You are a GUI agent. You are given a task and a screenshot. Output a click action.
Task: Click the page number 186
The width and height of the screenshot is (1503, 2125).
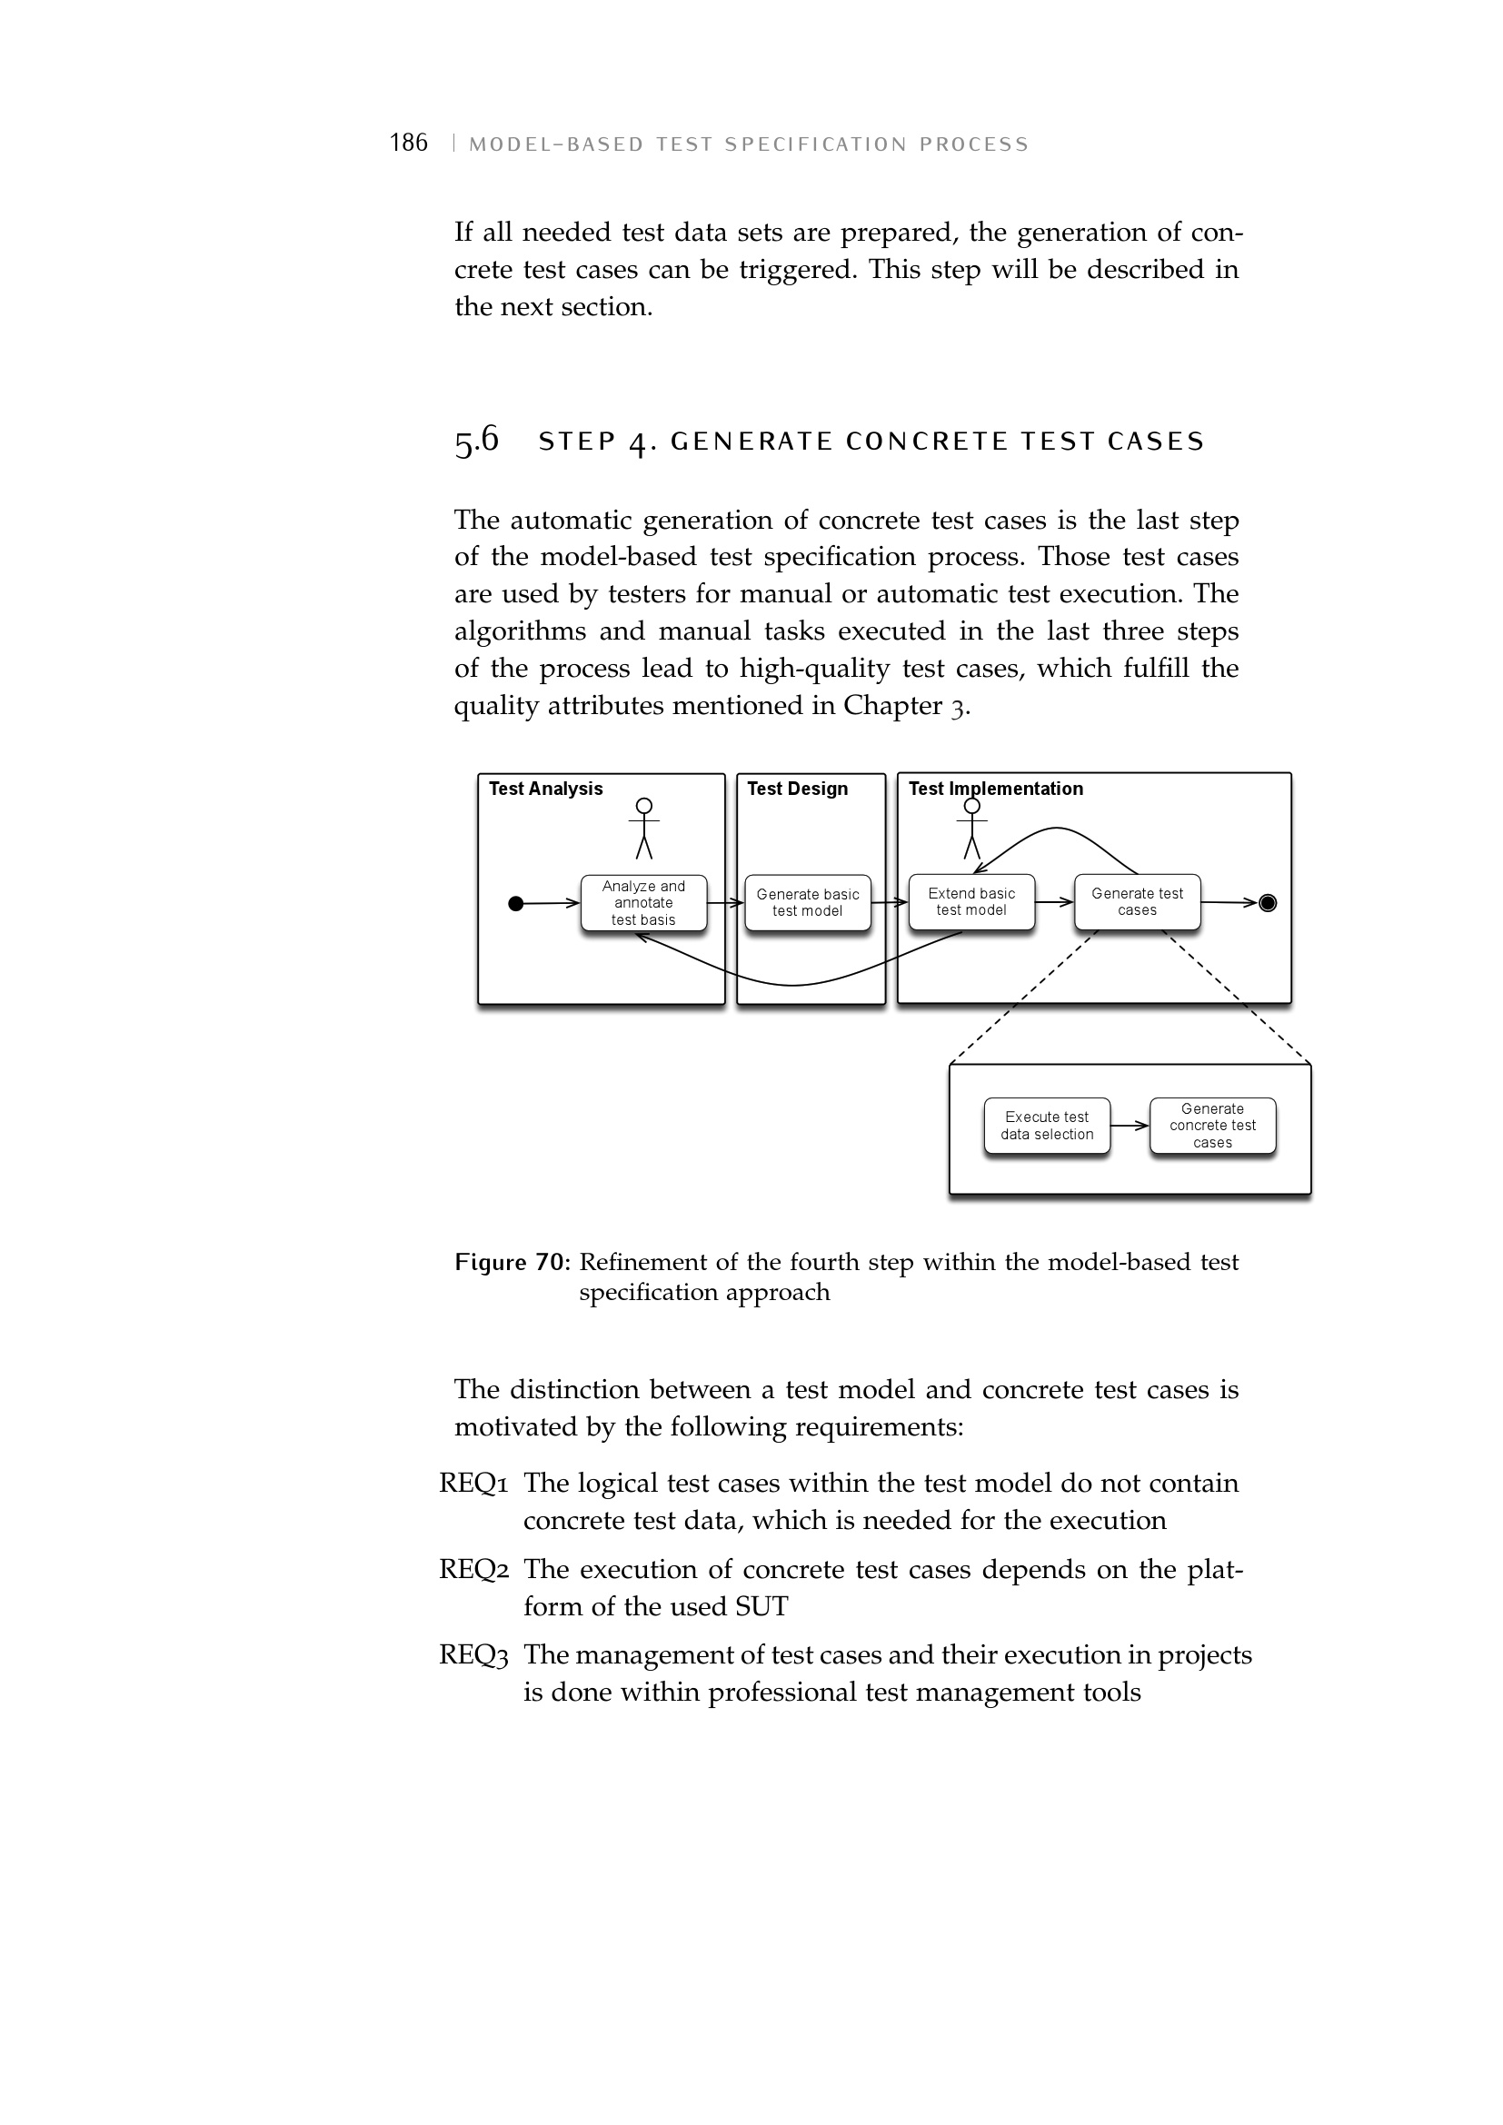pyautogui.click(x=408, y=143)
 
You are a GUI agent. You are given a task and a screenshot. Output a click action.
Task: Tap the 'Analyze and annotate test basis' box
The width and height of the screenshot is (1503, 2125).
pyautogui.click(x=643, y=902)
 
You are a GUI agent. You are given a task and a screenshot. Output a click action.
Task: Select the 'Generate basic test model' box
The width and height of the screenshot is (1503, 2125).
pyautogui.click(x=807, y=902)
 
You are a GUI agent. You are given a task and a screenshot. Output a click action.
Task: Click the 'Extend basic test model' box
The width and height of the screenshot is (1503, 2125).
pyautogui.click(x=970, y=901)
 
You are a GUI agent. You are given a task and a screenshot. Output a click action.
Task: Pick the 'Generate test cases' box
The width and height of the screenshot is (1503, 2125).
pyautogui.click(x=1137, y=901)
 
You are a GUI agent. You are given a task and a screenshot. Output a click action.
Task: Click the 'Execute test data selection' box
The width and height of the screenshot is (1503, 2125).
pyautogui.click(x=1047, y=1126)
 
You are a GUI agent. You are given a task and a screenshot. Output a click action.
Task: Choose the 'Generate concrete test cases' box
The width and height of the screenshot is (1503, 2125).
pyautogui.click(x=1212, y=1126)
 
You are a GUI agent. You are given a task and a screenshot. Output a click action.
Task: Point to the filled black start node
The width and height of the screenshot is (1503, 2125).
pyautogui.click(x=516, y=903)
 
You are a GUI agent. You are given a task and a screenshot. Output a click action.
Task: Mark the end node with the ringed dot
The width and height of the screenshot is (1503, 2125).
pyautogui.click(x=1268, y=903)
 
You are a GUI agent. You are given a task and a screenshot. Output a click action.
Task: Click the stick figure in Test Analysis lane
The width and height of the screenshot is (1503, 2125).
pyautogui.click(x=644, y=829)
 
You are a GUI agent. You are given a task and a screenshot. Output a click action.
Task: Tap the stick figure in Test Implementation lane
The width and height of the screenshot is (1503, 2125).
pyautogui.click(x=971, y=829)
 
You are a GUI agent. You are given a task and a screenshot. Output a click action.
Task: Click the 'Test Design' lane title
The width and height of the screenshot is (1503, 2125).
pyautogui.click(x=797, y=789)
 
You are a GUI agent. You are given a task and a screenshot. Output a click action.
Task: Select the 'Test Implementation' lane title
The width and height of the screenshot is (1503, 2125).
pyautogui.click(x=995, y=789)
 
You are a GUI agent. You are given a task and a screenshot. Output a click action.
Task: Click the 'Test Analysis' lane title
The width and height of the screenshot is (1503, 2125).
pyautogui.click(x=545, y=789)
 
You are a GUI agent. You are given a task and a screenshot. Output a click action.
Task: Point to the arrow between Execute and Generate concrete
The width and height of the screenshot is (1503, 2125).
pyautogui.click(x=1130, y=1126)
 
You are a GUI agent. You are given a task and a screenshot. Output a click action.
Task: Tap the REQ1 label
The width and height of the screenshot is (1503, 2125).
pyautogui.click(x=473, y=1484)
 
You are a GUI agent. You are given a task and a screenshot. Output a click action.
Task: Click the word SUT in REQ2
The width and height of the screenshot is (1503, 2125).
pyautogui.click(x=761, y=1607)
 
